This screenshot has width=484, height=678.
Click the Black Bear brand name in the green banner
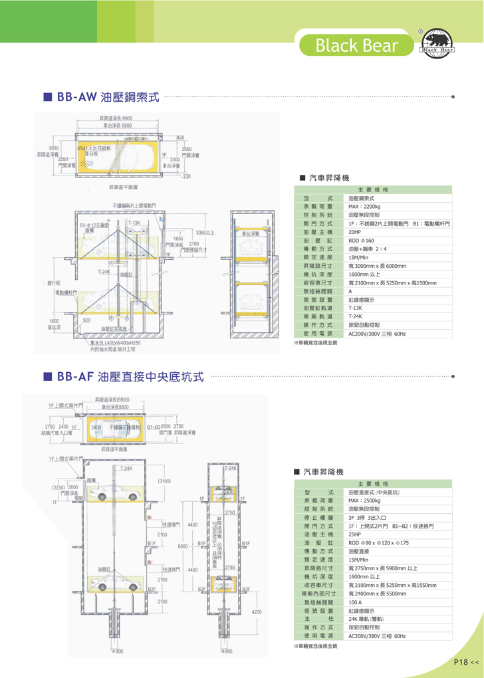[357, 45]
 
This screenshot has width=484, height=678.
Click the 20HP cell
[354, 233]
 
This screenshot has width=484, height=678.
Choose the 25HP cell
[354, 534]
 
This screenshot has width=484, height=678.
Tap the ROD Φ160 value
[362, 241]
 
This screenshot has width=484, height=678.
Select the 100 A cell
[356, 602]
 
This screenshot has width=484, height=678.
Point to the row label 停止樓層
[318, 516]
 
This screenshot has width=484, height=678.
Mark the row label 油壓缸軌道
[318, 308]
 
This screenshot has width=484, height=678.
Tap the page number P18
[463, 662]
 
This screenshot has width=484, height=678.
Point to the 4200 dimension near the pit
[257, 612]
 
